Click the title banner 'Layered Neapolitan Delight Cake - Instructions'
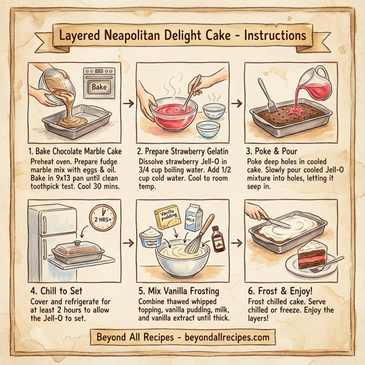coord(182,35)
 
